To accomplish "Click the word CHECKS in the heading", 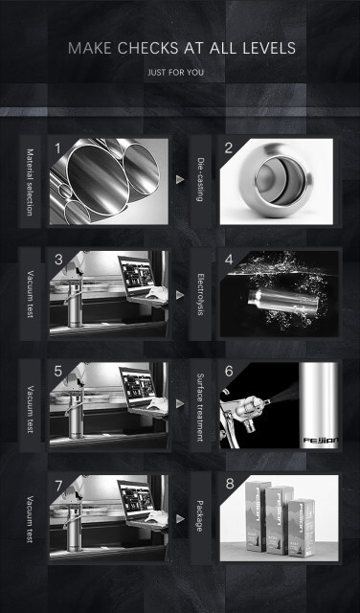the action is [x=147, y=48].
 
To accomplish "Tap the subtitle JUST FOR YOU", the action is [x=175, y=73].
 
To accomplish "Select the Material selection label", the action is [x=30, y=182].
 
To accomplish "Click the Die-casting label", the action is [x=200, y=179].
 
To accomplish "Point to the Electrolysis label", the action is [x=200, y=294].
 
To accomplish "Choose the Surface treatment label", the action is [x=200, y=407].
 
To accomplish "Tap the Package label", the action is [x=199, y=515].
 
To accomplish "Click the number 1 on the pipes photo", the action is [x=57, y=148].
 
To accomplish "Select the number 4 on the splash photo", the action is [x=229, y=260].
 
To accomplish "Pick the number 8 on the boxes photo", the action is [x=230, y=484].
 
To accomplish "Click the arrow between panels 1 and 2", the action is [x=180, y=179].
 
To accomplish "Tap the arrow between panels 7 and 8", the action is [x=180, y=519].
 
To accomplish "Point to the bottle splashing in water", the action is [x=283, y=303].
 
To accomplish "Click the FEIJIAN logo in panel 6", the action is [x=321, y=441].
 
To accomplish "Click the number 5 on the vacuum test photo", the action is [x=57, y=372].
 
